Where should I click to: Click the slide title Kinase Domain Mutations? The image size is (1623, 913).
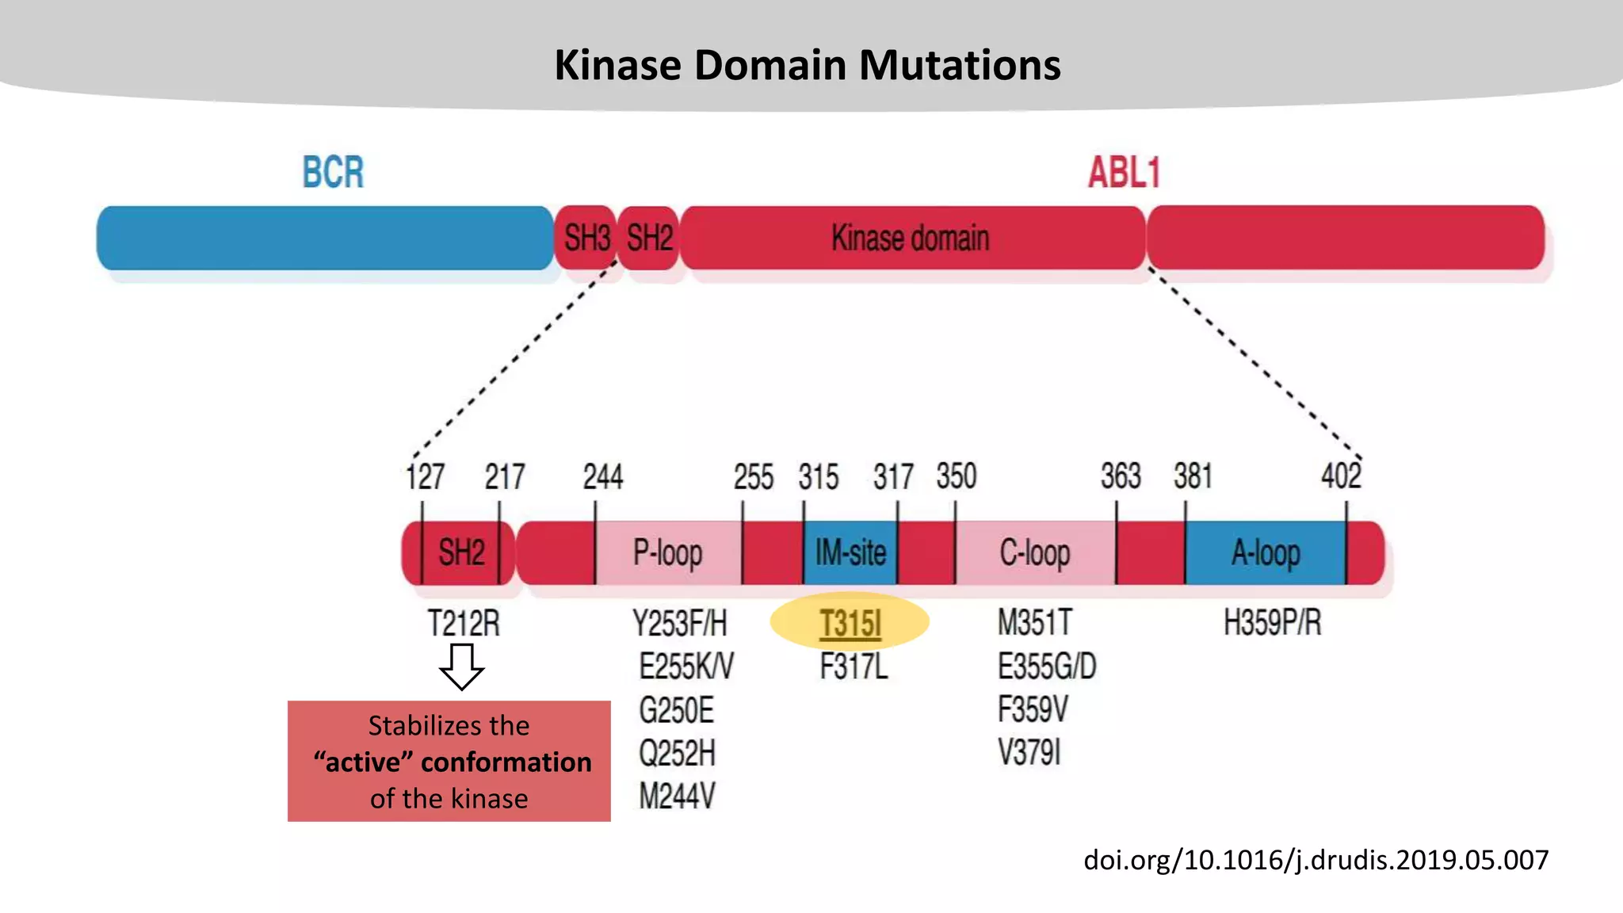[807, 65]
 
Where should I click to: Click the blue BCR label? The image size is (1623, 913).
[333, 172]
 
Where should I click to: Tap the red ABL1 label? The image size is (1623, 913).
[1123, 172]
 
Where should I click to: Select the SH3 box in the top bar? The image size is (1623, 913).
[586, 238]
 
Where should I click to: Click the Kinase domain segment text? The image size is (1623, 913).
[910, 238]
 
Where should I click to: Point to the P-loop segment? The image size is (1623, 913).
[667, 552]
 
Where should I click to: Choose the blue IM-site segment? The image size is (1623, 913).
[850, 552]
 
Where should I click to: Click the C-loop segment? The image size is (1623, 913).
[1034, 552]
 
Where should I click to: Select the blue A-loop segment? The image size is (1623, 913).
[1265, 552]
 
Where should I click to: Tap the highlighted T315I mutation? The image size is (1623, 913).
[850, 623]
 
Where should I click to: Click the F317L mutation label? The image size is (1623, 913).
[853, 667]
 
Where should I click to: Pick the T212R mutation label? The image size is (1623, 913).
[464, 623]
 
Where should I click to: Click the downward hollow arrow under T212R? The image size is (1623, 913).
[462, 666]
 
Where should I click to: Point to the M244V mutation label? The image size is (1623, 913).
[677, 795]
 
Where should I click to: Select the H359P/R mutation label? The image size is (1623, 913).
[1272, 623]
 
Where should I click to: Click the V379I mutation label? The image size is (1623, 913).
[1029, 752]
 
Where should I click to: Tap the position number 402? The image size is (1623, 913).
[1340, 476]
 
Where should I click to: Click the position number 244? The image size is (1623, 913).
[602, 476]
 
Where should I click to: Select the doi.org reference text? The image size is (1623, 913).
[1316, 860]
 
